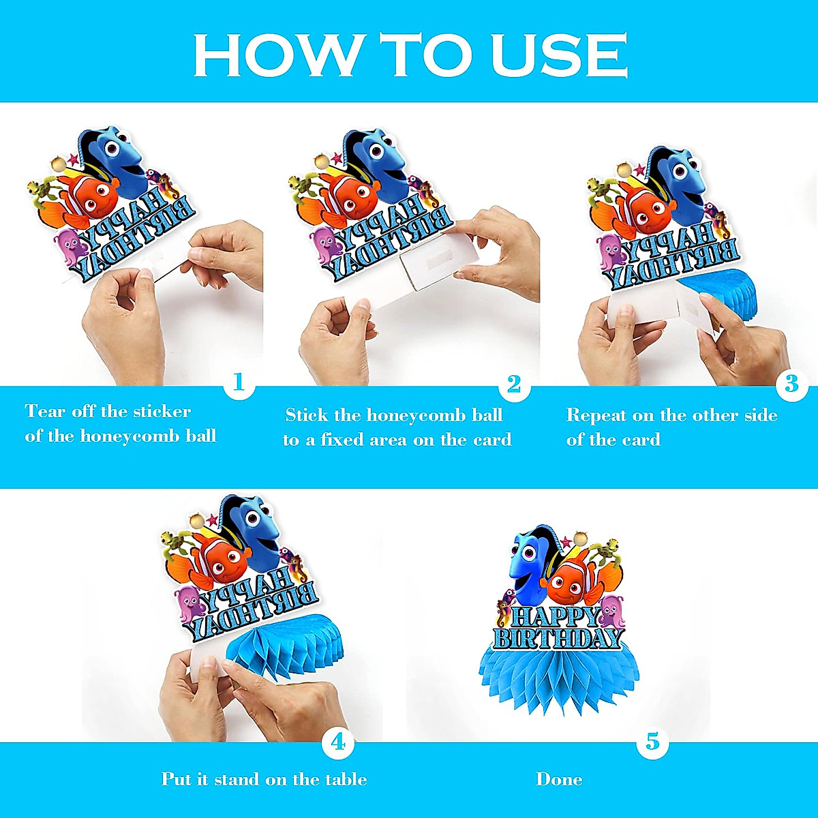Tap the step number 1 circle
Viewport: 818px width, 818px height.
(x=239, y=382)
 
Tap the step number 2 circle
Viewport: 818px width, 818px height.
(x=513, y=384)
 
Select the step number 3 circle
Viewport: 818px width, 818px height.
(x=791, y=384)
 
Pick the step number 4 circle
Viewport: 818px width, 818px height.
(x=338, y=742)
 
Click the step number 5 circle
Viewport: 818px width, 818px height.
(x=652, y=742)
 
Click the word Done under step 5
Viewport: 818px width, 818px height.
(x=559, y=779)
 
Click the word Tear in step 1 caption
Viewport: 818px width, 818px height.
(x=46, y=412)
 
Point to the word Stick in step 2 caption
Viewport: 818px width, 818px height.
(x=307, y=415)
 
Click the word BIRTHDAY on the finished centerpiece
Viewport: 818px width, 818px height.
(x=558, y=639)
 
